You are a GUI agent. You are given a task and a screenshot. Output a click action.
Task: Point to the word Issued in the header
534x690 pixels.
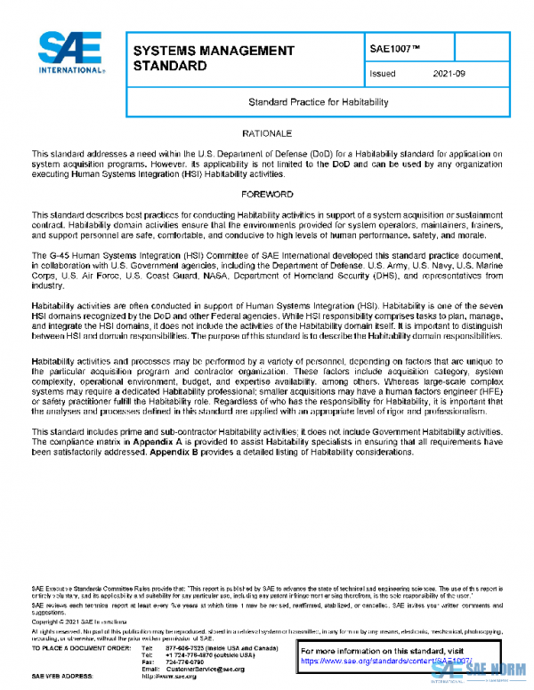(383, 74)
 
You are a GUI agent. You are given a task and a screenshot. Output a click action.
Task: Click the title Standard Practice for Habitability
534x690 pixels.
(305, 102)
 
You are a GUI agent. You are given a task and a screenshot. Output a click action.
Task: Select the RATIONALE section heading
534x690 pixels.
(268, 132)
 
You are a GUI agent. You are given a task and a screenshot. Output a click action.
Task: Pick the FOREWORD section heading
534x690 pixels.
(268, 193)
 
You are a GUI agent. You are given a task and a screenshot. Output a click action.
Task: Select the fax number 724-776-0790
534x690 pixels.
(185, 661)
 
